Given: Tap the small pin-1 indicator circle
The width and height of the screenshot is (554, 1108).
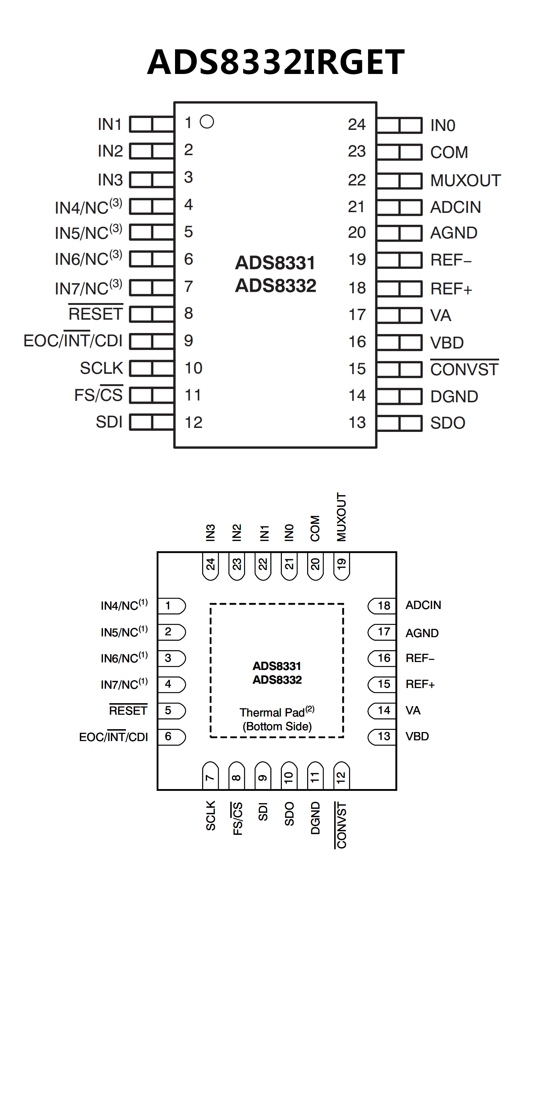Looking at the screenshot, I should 207,122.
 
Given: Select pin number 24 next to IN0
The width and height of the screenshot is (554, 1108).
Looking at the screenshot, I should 357,125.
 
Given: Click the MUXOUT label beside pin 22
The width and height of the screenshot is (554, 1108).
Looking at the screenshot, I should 465,181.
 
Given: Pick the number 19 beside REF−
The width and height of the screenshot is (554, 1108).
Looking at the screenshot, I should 357,259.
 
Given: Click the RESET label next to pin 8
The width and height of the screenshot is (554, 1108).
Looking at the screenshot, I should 96,314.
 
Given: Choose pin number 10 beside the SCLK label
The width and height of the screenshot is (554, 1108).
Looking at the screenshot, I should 193,368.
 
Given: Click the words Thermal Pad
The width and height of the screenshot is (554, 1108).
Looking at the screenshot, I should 272,713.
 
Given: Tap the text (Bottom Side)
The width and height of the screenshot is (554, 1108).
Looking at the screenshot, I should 277,727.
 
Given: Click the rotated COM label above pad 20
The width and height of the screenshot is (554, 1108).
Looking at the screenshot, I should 315,529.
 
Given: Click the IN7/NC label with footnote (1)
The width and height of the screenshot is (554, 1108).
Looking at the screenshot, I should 124,684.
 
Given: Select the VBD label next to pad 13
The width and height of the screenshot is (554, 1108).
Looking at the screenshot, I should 417,736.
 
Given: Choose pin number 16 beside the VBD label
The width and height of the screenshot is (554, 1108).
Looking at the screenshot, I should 357,342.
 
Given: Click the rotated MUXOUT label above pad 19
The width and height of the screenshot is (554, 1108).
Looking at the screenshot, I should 341,517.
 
